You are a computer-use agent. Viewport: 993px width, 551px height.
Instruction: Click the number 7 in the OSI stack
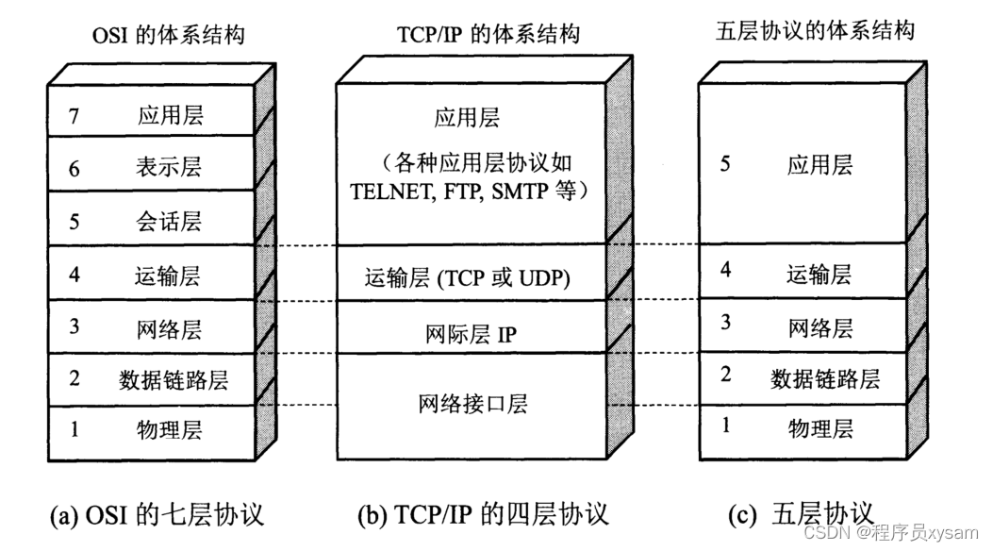coord(75,117)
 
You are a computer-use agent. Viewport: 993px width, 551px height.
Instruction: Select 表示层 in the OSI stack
coord(169,169)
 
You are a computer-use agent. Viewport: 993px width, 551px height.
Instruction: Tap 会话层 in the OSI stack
coord(169,223)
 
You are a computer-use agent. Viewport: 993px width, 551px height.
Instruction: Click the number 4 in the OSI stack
coord(74,276)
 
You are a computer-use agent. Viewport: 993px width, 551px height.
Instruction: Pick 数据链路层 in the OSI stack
coord(174,380)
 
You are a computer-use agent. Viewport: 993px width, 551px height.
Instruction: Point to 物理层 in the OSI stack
coord(170,431)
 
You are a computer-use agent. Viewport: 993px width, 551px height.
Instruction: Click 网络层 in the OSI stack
coord(170,329)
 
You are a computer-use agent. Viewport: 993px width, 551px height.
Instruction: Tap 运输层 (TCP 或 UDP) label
coord(469,278)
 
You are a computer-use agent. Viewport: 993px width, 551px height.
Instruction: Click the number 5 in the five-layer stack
coord(724,165)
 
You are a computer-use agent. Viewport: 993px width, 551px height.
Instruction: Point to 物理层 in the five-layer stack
coord(819,429)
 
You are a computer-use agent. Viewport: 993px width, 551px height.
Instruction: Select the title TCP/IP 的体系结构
coord(485,36)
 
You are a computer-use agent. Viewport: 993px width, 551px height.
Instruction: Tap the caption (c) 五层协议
coord(802,514)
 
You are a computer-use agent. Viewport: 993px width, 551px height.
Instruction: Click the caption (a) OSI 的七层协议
coord(157,515)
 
